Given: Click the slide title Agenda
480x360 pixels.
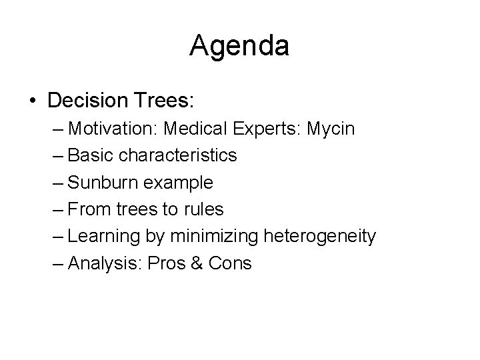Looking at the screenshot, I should (239, 47).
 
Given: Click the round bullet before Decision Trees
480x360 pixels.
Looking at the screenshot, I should (33, 102).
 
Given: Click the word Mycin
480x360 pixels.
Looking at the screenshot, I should (331, 128).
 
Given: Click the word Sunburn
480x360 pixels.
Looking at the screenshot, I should (99, 182).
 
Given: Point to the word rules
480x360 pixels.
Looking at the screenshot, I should (204, 209).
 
